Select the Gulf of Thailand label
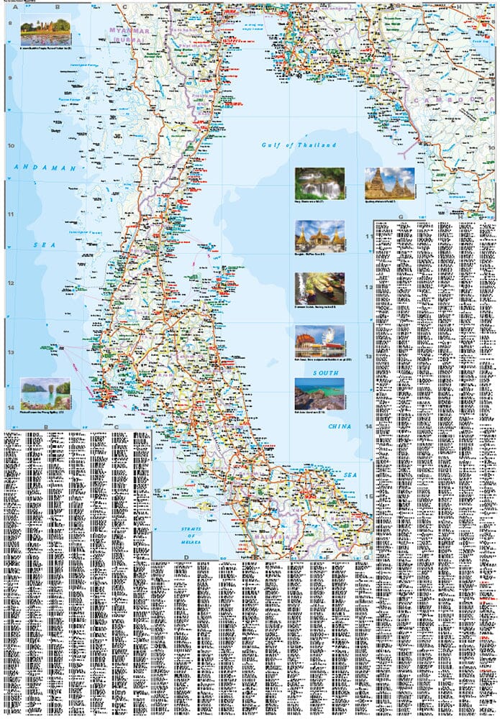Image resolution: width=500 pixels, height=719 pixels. pyautogui.click(x=299, y=145)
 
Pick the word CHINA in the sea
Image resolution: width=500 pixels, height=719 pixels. pyautogui.click(x=340, y=426)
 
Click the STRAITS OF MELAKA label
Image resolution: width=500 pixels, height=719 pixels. pyautogui.click(x=190, y=535)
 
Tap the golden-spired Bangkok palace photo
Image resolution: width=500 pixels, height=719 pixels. pyautogui.click(x=319, y=235)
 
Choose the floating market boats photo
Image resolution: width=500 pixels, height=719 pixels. pyautogui.click(x=319, y=288)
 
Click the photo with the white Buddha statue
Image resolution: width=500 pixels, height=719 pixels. pyautogui.click(x=319, y=340)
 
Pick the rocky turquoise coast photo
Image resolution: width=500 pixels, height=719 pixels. pyautogui.click(x=319, y=393)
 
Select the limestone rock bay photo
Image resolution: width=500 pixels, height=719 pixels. pyautogui.click(x=45, y=393)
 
